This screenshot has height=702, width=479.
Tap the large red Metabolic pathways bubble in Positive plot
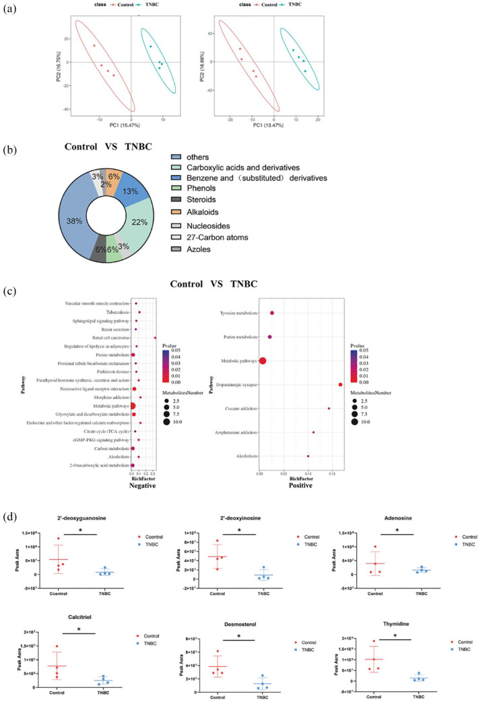[x=263, y=361]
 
